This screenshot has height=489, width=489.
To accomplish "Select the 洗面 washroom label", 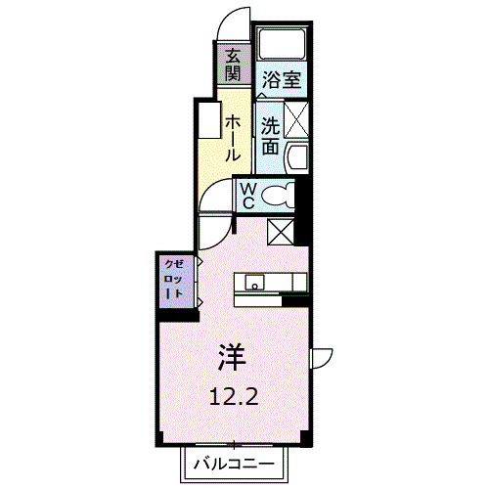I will pos(270,137).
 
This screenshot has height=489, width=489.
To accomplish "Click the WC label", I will pos(248,196).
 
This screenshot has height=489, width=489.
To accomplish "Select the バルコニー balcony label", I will pos(232,462).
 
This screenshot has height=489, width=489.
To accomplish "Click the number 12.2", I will pos(232,396).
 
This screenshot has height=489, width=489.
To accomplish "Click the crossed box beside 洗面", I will pos(296,117).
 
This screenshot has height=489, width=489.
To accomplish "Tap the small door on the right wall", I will pos(321,359).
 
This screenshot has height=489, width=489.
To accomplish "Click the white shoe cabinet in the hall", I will pos(209,122).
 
